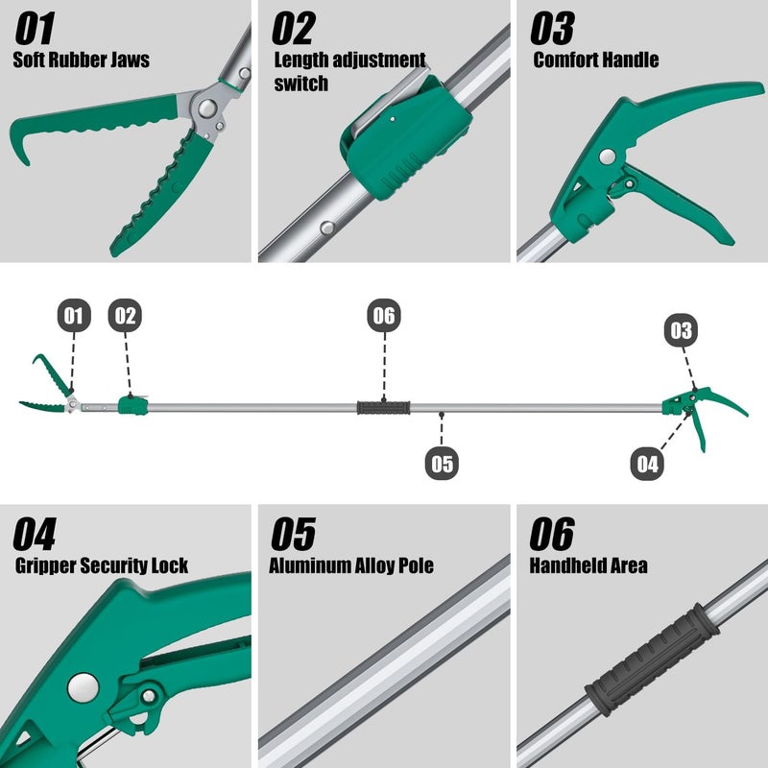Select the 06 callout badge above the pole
click(383, 316)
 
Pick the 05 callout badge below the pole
click(442, 464)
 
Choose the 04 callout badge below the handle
click(648, 464)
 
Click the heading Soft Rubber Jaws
click(81, 60)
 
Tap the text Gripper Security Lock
click(102, 565)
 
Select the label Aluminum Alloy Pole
click(351, 565)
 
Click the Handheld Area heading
click(588, 565)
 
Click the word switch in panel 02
click(300, 84)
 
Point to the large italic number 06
click(552, 534)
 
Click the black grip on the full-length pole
click(384, 408)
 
